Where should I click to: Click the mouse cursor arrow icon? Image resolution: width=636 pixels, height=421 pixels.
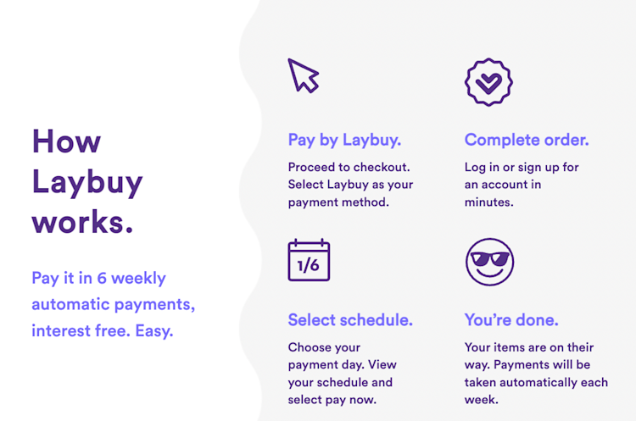303,75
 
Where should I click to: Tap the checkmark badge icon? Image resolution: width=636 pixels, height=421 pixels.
488,81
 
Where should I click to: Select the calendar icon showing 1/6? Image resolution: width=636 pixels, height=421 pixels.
309,261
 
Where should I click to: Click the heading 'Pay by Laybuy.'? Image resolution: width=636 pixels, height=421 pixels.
344,140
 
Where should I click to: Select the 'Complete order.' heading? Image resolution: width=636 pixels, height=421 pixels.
526,140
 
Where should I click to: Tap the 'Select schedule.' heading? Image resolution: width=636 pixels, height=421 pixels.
350,320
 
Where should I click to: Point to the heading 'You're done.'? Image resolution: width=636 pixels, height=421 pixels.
511,320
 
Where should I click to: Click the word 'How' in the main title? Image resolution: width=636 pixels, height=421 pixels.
66,141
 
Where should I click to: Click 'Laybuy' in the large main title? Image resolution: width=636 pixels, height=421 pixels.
86,181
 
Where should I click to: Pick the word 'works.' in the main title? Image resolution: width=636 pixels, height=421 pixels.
82,222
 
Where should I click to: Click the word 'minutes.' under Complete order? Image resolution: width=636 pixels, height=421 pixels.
489,202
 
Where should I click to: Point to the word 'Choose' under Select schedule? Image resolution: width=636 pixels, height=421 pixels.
312,347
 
